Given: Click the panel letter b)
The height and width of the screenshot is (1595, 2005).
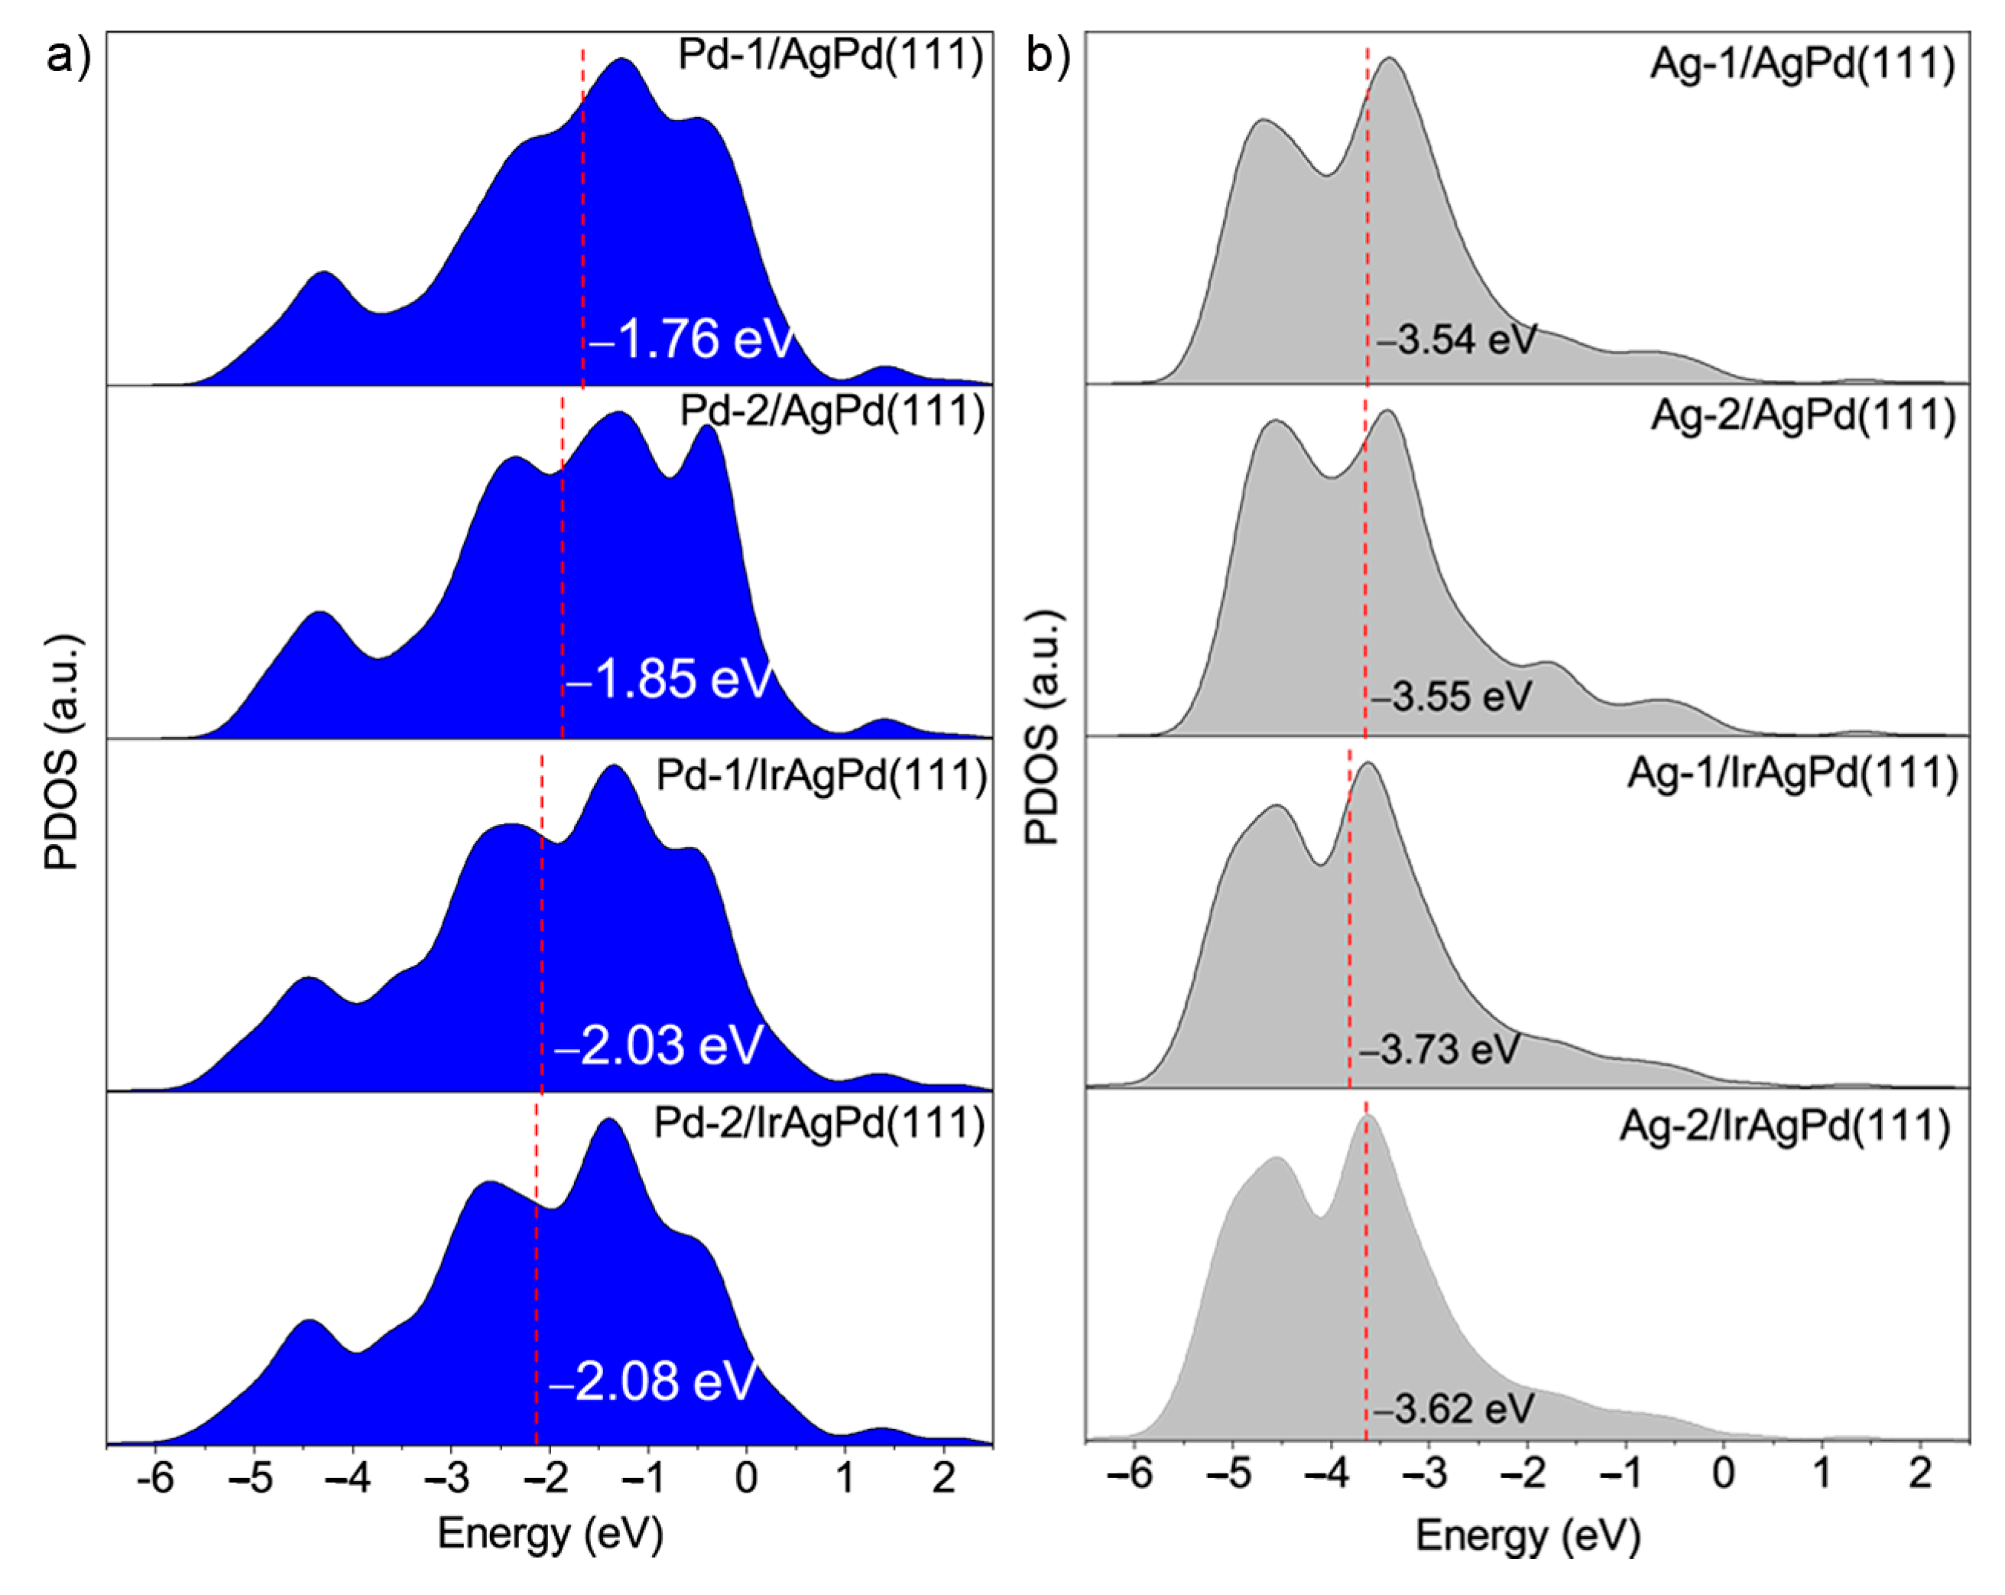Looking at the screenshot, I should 1048,57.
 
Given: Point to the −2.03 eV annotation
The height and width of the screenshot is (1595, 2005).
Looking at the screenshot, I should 658,1044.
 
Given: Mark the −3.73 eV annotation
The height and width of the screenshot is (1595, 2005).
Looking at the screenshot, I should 1439,1050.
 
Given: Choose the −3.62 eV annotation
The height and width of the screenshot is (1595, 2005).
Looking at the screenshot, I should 1452,1409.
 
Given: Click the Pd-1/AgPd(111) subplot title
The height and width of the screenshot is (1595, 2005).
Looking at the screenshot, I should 830,56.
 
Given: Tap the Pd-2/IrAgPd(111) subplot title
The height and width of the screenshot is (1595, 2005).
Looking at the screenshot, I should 819,1123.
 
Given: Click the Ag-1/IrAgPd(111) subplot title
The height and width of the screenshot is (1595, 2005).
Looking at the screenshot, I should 1792,774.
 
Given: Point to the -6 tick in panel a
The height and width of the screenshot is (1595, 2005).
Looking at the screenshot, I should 154,1477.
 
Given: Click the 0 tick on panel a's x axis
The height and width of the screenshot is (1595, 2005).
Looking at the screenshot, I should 746,1477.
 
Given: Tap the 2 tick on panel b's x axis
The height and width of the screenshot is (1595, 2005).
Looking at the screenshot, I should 1920,1473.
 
